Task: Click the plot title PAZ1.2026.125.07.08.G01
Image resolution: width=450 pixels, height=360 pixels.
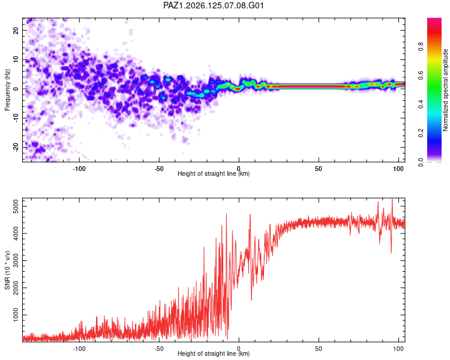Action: click(213, 5)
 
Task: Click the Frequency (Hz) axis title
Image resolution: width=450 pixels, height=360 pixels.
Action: click(7, 90)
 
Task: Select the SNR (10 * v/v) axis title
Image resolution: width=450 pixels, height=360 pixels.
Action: click(7, 270)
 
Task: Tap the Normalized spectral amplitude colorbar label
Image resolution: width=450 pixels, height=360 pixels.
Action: click(445, 90)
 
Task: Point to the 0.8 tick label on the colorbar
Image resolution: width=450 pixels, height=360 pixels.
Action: click(421, 46)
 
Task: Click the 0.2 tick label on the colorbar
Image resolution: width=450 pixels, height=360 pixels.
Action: click(421, 133)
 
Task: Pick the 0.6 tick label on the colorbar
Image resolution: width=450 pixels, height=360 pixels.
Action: click(421, 75)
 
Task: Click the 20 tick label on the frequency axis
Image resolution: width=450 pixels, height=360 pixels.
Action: click(16, 31)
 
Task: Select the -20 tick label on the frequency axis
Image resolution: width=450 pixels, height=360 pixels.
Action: click(16, 148)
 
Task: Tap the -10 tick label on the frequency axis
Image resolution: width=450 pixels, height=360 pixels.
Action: click(16, 118)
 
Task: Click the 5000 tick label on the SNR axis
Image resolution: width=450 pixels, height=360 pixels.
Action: click(16, 206)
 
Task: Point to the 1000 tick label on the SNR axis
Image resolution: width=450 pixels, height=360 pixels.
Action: click(16, 315)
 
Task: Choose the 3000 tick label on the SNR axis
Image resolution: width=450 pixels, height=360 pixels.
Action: click(16, 260)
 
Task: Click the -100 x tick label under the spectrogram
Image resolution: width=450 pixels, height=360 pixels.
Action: click(79, 169)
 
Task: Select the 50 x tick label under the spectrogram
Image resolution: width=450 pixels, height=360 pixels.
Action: click(318, 169)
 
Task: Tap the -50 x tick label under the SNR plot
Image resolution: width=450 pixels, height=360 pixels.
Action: click(159, 349)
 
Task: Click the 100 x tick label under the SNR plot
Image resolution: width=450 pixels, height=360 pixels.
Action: click(398, 349)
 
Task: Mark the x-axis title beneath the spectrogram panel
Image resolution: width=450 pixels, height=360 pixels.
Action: click(214, 173)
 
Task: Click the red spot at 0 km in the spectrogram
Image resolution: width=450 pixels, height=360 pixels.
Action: click(238, 89)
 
